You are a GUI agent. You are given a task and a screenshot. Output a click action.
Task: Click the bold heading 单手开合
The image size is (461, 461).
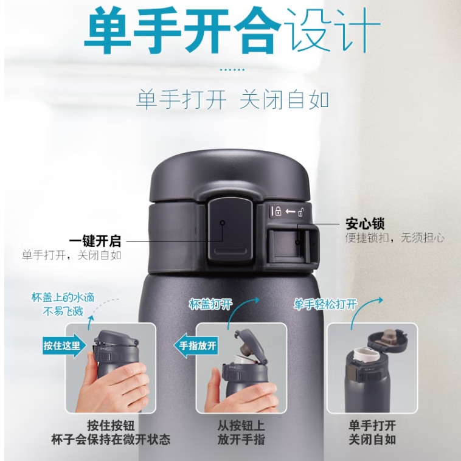183,31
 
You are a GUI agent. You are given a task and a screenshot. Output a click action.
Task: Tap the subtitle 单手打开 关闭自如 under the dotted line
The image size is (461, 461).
232,100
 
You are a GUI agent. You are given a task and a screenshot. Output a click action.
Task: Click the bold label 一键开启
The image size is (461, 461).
95,241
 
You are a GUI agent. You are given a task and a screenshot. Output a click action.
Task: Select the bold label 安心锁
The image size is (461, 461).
365,223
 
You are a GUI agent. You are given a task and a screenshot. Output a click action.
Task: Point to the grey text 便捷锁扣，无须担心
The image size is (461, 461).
395,238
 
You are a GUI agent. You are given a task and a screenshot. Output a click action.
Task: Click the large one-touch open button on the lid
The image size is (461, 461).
230,230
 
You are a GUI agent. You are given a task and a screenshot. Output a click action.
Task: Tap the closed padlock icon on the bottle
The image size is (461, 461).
277,211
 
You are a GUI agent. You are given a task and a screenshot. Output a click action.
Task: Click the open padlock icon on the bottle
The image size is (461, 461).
301,212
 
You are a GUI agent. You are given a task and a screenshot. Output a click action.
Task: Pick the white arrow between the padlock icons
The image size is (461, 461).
290,212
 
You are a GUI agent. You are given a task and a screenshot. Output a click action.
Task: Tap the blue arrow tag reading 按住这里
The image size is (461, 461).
64,345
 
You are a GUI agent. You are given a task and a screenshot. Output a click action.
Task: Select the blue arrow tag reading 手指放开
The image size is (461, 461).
196,345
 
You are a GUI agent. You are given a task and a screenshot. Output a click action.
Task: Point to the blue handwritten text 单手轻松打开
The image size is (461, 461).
325,304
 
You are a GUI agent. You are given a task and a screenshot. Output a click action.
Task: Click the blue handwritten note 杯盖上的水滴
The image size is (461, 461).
63,298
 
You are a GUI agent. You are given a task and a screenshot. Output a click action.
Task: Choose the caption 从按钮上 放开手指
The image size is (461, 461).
241,432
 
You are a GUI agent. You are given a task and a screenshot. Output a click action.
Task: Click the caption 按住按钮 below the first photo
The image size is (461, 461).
111,426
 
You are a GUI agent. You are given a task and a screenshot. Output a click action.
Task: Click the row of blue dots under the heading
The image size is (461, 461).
232,70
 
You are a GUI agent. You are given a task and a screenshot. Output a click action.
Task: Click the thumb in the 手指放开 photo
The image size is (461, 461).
213,382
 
